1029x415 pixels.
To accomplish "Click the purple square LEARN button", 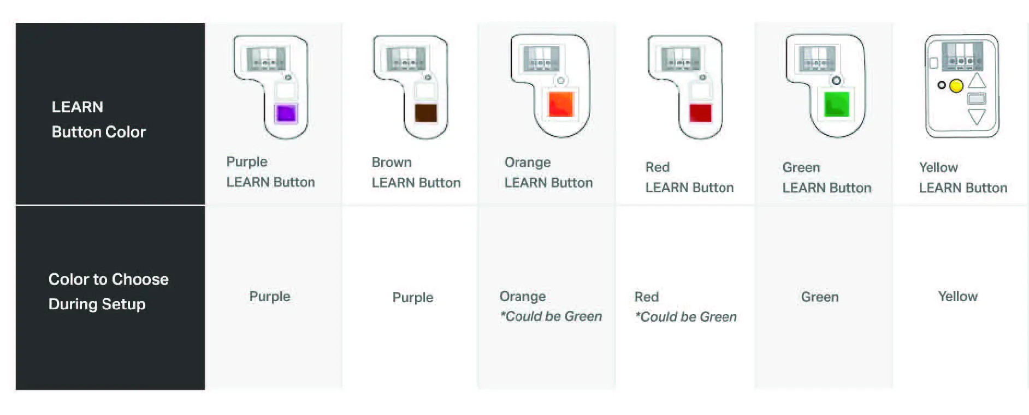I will (x=286, y=113).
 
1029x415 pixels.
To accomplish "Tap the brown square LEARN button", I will (x=425, y=113).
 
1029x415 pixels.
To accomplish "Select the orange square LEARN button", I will (x=561, y=104).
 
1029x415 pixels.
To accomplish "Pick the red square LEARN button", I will (x=700, y=113).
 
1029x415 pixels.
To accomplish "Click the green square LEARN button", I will (x=836, y=104).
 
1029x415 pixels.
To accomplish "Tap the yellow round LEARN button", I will (x=956, y=86).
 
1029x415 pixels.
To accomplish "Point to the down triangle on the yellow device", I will (x=977, y=117).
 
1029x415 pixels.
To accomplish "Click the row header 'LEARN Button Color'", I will (x=99, y=119).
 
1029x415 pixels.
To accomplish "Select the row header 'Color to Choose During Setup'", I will (x=108, y=291).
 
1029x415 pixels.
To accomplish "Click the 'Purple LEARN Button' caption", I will (x=270, y=172).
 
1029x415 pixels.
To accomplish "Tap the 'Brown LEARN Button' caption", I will (x=416, y=172).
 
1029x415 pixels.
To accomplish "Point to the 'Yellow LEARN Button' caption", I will (x=962, y=177).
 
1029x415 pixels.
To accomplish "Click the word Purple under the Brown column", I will (x=413, y=298).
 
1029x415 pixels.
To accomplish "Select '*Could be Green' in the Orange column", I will (x=551, y=316).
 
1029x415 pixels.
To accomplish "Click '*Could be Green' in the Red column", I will (x=686, y=317).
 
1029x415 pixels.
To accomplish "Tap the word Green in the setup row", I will (x=819, y=297).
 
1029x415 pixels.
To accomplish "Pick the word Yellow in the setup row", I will (x=957, y=297).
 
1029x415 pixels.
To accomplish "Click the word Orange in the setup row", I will (x=523, y=297).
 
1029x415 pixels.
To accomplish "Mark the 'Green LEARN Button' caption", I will (x=826, y=177).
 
